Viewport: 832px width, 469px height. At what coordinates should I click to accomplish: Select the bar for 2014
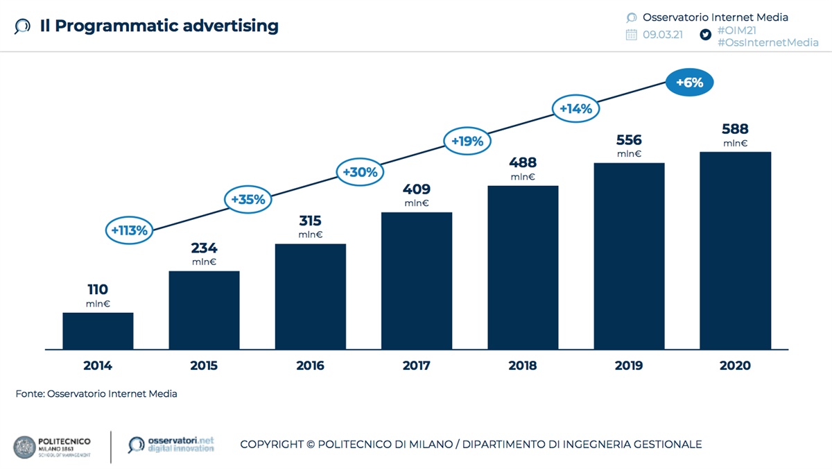coord(98,331)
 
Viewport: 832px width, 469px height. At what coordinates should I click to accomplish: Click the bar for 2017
coord(417,280)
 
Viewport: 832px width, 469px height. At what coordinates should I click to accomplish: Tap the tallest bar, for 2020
coord(735,250)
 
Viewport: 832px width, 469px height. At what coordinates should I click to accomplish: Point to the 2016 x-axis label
coord(310,366)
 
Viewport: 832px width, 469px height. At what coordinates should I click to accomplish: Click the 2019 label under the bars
coord(629,366)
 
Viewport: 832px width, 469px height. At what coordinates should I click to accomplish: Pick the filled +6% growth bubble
coord(689,83)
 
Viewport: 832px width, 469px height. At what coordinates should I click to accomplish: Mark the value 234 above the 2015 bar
coord(205,248)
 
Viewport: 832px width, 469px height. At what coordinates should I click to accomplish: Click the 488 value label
coord(523,163)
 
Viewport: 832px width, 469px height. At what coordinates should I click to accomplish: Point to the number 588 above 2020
coord(735,130)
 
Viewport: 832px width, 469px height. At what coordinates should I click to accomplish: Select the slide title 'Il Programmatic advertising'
coord(159,26)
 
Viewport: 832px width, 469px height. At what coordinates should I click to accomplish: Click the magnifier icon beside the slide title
coord(22,27)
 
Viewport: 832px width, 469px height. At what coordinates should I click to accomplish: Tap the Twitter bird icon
coord(706,35)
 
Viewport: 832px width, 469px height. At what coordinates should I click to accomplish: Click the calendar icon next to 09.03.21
coord(632,35)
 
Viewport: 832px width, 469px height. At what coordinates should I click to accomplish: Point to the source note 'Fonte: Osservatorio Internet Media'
coord(96,394)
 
